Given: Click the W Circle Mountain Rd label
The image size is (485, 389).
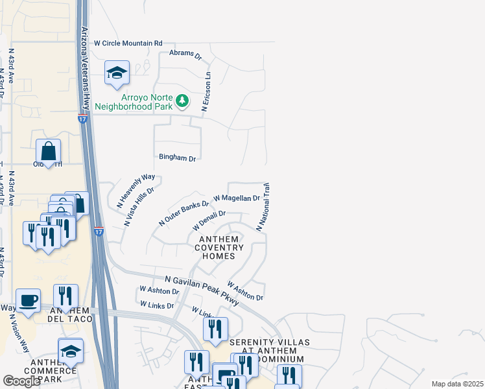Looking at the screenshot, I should pyautogui.click(x=128, y=43).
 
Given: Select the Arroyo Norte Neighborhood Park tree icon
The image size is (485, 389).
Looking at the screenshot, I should pyautogui.click(x=183, y=100).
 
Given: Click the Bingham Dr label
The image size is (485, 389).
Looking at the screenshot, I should pyautogui.click(x=177, y=158).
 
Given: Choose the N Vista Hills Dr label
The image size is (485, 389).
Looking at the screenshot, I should pyautogui.click(x=139, y=207).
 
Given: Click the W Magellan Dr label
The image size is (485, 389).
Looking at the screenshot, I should pyautogui.click(x=236, y=198).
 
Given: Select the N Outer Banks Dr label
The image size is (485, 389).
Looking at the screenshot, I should pyautogui.click(x=183, y=213).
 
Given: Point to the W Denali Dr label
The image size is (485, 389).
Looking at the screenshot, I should pyautogui.click(x=209, y=221).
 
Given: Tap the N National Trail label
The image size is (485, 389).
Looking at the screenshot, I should pyautogui.click(x=263, y=207).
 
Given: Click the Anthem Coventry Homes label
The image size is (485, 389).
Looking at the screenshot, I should pyautogui.click(x=216, y=248).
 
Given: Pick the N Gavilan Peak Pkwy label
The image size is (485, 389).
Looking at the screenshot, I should pyautogui.click(x=202, y=286).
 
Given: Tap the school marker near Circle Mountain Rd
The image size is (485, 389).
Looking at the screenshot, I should pyautogui.click(x=117, y=73).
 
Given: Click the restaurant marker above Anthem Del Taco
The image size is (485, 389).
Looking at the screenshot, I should pyautogui.click(x=65, y=296).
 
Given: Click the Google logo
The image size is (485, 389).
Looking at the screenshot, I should pyautogui.click(x=21, y=381).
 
